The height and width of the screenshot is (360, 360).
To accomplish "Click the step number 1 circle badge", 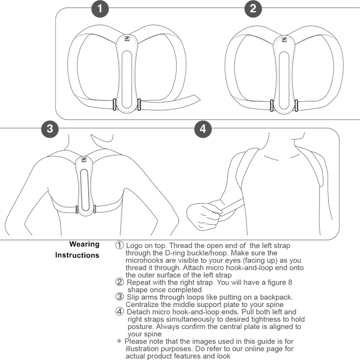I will pos(100,9).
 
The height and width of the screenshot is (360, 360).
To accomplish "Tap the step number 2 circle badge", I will pos(253,9).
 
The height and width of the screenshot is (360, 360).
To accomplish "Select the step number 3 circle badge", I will pos(50,129).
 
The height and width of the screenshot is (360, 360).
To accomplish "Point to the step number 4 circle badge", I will pos(203,129).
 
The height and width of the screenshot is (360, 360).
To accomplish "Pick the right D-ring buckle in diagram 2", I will pos(297,105).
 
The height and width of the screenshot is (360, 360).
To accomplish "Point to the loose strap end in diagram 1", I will pos(189,98).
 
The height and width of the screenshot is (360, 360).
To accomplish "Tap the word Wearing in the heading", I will pos(84,244).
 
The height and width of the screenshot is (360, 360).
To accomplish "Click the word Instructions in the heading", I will pos(77,256).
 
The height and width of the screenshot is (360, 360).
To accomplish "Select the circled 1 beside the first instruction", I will pos(119,246).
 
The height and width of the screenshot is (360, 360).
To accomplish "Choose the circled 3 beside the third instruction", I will pos(119,297).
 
